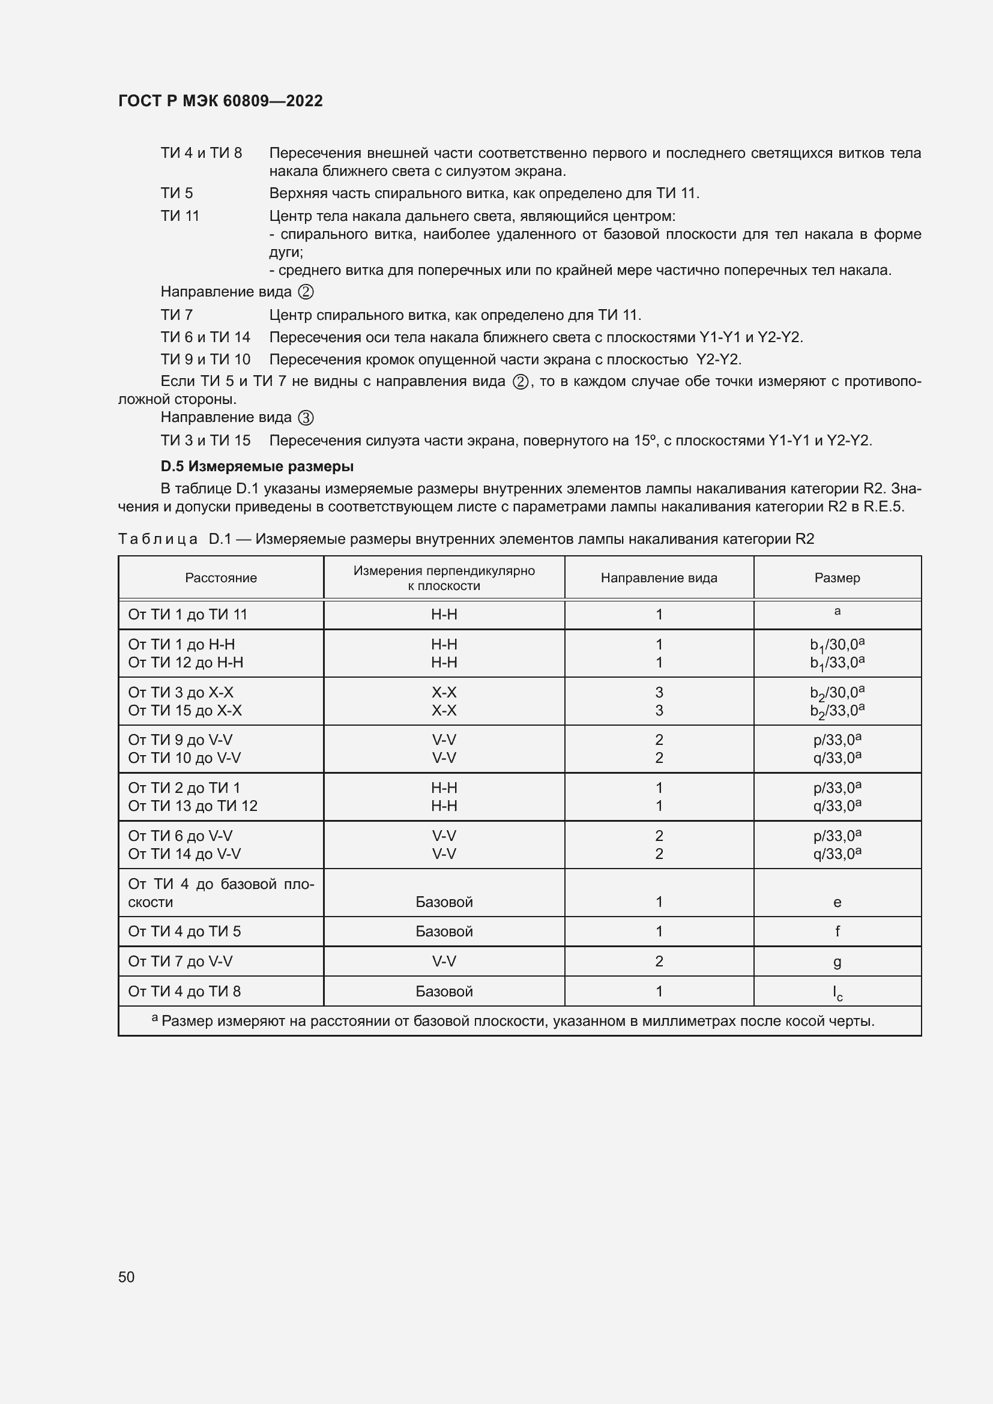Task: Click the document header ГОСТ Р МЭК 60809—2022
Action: point(220,101)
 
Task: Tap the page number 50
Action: point(127,1277)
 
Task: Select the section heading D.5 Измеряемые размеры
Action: point(257,466)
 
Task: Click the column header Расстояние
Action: point(221,578)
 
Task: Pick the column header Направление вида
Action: point(659,578)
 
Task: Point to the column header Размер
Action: point(836,578)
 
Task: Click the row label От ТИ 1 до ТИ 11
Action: point(188,615)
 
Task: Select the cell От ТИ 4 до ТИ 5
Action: point(184,932)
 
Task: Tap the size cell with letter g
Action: point(837,962)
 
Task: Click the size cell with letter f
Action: point(837,932)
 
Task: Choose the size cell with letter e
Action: point(837,902)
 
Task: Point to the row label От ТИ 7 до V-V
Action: point(180,961)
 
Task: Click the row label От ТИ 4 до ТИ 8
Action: point(184,991)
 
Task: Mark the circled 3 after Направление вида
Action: point(306,418)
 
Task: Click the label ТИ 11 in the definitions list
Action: point(180,216)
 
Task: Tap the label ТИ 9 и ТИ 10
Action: point(205,360)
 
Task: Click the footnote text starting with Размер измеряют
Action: point(518,1021)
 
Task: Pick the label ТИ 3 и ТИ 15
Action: point(205,440)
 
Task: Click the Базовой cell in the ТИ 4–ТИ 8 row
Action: point(444,991)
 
